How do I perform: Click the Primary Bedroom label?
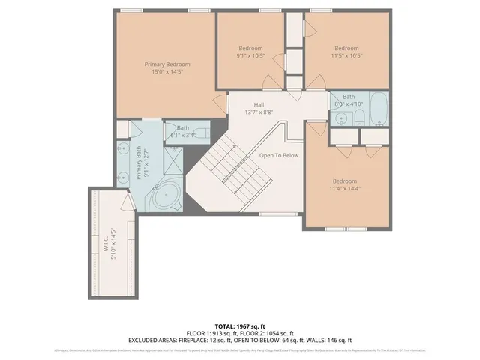(x=167, y=64)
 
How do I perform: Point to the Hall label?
(x=258, y=105)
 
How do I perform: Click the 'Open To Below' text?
(x=279, y=155)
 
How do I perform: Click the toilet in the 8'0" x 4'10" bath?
(x=359, y=115)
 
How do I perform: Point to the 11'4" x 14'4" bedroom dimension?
(x=345, y=190)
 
